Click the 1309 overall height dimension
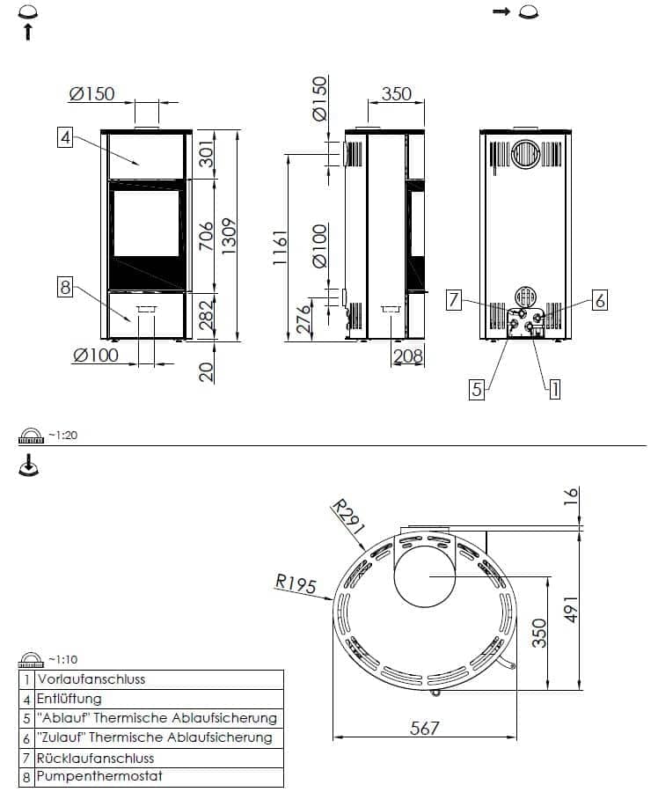pyautogui.click(x=228, y=237)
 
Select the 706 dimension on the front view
pyautogui.click(x=206, y=236)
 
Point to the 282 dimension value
pyautogui.click(x=206, y=316)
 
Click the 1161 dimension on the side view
pyautogui.click(x=279, y=247)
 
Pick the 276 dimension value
pyautogui.click(x=303, y=319)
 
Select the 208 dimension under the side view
pyautogui.click(x=407, y=356)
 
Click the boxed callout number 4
pyautogui.click(x=64, y=137)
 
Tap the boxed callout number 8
pyautogui.click(x=64, y=288)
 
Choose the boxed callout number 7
pyautogui.click(x=454, y=300)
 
